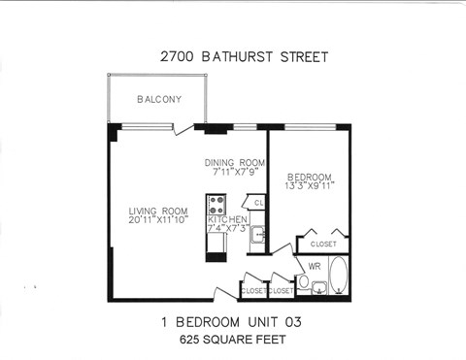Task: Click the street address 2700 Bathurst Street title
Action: [x=244, y=56]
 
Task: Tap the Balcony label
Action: [x=155, y=99]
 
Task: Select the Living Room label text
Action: [x=159, y=211]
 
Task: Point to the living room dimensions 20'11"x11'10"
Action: [x=159, y=220]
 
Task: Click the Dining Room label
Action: [x=234, y=162]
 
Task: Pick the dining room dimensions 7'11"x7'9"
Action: [x=234, y=172]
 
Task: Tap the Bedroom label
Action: [x=309, y=176]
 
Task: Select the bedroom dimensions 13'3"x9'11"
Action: [x=310, y=185]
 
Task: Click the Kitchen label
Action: [x=229, y=220]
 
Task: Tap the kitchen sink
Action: [x=257, y=235]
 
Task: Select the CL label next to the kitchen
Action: [x=258, y=203]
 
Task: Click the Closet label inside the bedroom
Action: [x=324, y=244]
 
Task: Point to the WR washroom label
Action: [x=315, y=265]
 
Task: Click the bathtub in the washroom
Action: [x=338, y=276]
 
